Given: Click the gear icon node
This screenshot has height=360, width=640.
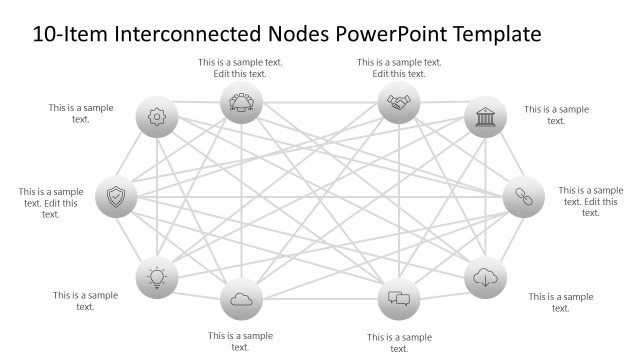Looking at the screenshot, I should click(x=157, y=116).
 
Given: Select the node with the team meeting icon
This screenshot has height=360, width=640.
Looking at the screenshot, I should click(x=240, y=102).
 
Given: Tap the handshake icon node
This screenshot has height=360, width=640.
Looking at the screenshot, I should click(x=399, y=102).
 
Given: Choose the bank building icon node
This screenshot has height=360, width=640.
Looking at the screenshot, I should click(x=485, y=116).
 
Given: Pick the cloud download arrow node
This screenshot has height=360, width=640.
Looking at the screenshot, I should click(x=486, y=277).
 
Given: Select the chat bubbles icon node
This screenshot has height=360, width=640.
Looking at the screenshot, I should click(x=399, y=298).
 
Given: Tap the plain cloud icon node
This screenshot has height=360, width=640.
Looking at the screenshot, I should click(x=240, y=298).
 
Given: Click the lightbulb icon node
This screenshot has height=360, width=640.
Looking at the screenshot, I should click(x=157, y=277).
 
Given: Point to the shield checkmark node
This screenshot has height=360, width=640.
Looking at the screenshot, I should click(x=116, y=197).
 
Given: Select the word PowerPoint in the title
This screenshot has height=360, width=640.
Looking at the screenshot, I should click(x=393, y=34).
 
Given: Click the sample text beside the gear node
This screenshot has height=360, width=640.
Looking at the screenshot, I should click(x=81, y=113).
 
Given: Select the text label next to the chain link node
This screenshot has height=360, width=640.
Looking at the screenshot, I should click(x=590, y=201).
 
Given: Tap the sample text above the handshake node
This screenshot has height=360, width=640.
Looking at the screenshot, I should click(x=399, y=68).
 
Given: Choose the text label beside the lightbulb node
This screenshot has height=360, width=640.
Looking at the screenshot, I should click(x=85, y=301).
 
